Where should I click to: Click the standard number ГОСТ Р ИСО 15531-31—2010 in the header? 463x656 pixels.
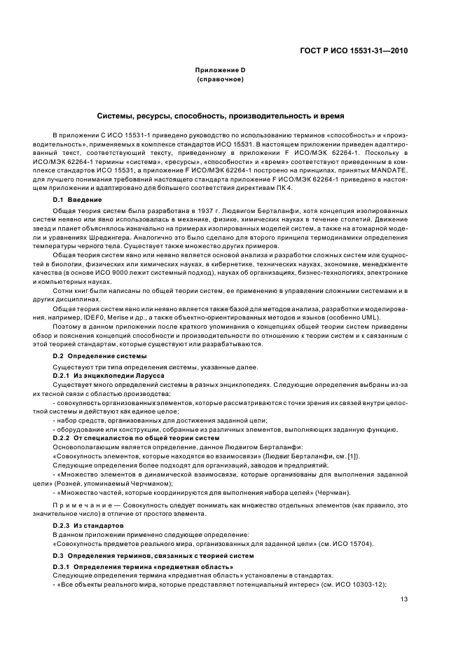pyautogui.click(x=354, y=50)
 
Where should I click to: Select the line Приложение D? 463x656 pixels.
pyautogui.click(x=220, y=70)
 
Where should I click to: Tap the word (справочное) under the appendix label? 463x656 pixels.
pyautogui.click(x=220, y=79)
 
